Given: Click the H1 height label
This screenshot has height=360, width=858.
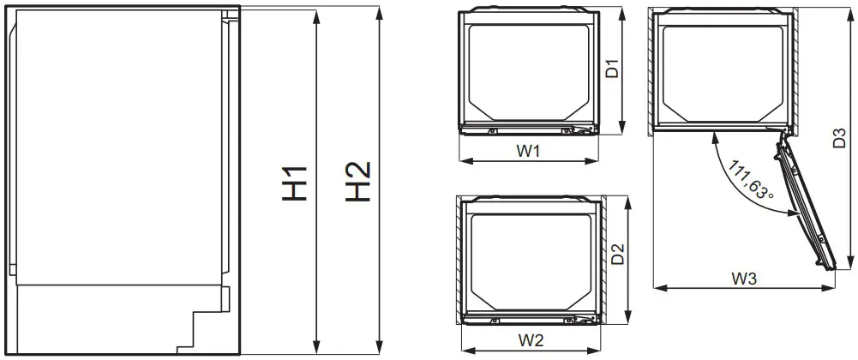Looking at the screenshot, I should pos(296,180).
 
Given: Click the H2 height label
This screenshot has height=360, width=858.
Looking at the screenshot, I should pos(358,182).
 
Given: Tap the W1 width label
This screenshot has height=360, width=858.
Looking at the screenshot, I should pos(529,151).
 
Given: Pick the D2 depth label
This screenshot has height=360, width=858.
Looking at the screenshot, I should pos(617,255).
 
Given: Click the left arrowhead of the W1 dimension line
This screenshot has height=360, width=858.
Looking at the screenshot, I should pos(464,159).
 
